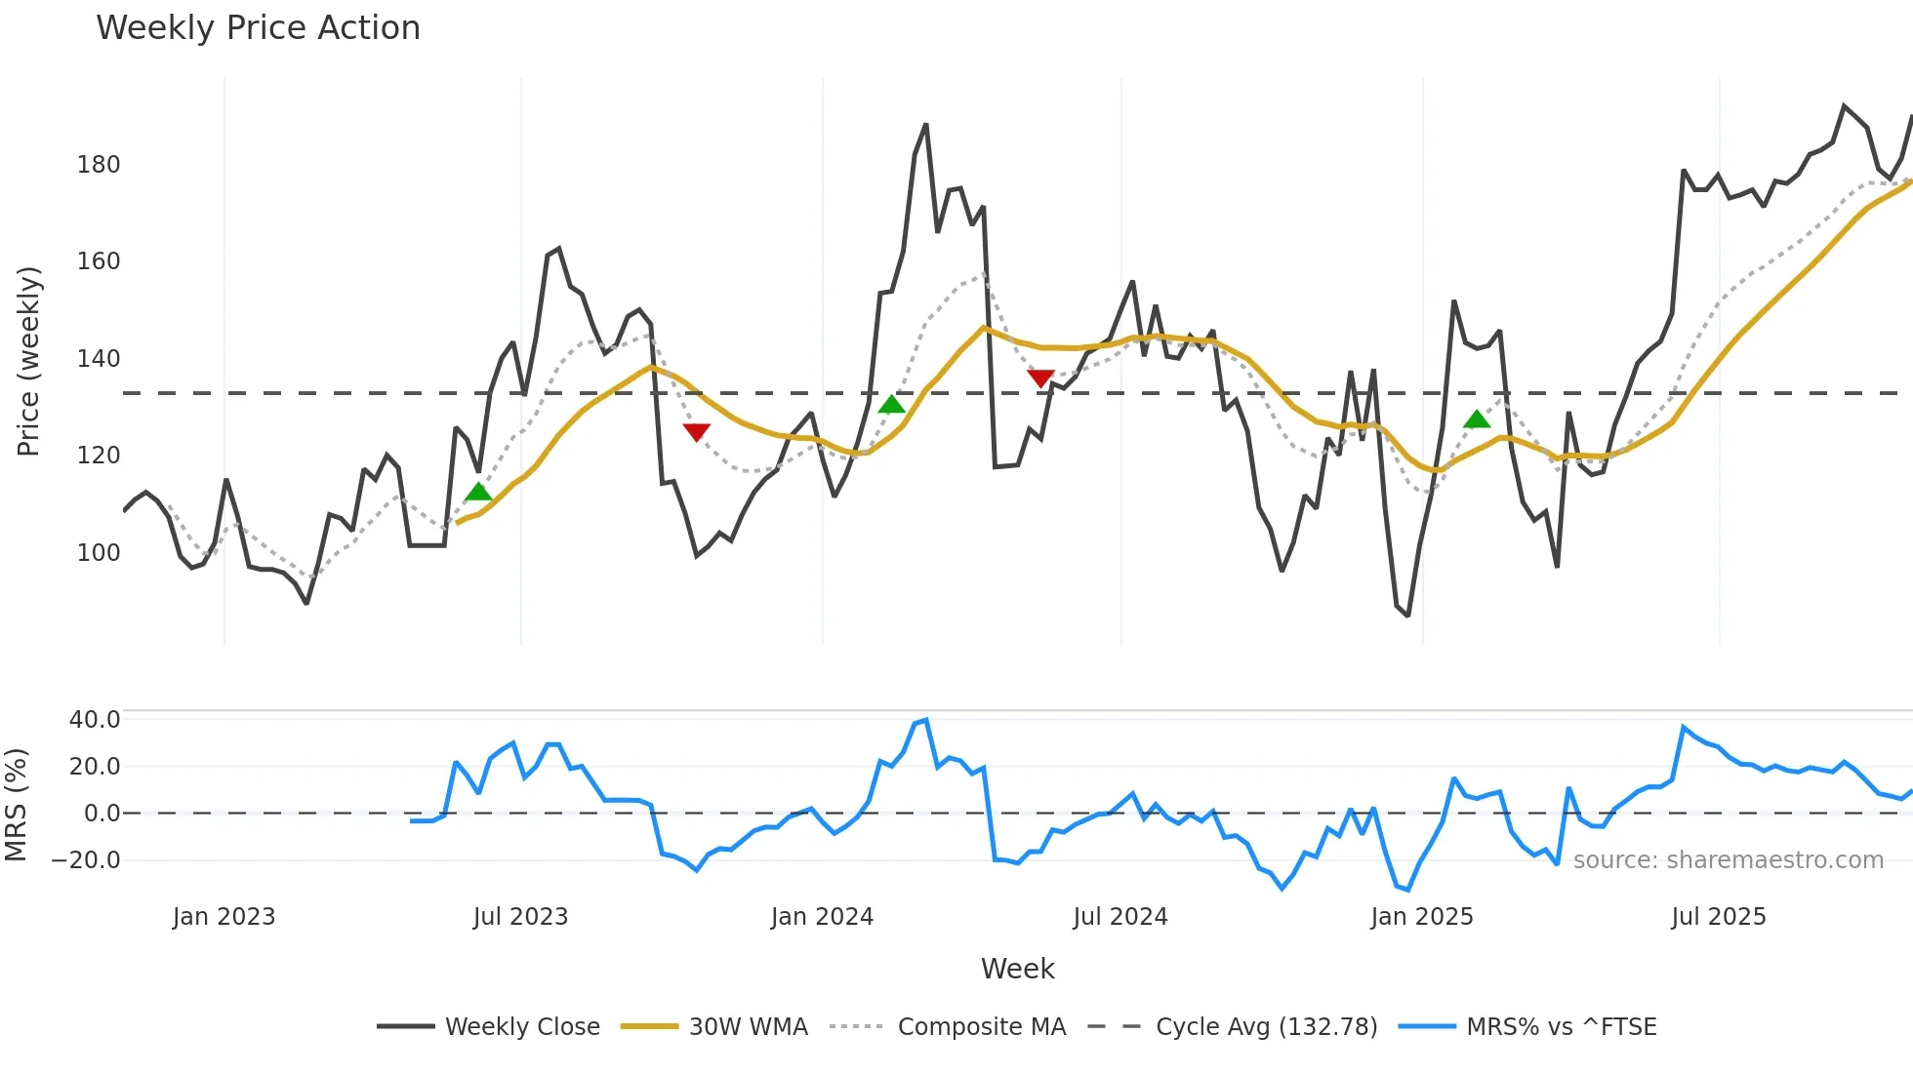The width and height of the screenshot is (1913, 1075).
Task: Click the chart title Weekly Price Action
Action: (x=258, y=28)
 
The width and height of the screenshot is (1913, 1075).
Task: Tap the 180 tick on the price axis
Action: (x=99, y=165)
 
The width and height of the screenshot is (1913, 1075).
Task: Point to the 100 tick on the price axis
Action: (x=99, y=553)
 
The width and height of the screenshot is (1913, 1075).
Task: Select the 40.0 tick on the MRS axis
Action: (x=95, y=720)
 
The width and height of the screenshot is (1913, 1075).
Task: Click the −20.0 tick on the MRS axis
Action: (x=86, y=860)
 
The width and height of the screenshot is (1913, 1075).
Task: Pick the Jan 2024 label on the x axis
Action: (x=822, y=917)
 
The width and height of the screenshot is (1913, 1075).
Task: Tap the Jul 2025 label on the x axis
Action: (x=1718, y=917)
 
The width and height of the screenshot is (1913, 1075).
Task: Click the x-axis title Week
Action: (x=1017, y=969)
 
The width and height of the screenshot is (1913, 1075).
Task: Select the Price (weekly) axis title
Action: (x=29, y=361)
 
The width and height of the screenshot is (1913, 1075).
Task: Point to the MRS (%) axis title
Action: (x=16, y=805)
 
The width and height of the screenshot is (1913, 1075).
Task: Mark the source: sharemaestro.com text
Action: (x=1728, y=860)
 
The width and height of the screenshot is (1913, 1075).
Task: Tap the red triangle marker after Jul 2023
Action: (x=696, y=431)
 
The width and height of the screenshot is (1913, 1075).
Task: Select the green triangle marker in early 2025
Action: (x=1477, y=419)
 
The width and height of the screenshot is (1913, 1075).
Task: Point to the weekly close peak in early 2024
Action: (x=925, y=125)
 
